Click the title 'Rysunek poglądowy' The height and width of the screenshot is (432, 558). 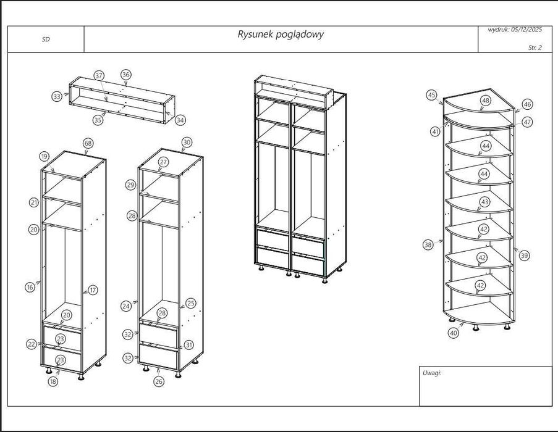tap(280, 35)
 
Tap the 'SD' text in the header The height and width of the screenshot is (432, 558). tap(46, 39)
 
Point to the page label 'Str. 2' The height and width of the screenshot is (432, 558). tap(535, 47)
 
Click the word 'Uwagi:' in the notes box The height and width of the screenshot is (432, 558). tap(432, 373)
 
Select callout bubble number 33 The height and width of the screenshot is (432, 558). tap(57, 96)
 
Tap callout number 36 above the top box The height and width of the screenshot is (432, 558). tap(126, 75)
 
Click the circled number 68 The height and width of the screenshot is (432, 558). tap(88, 143)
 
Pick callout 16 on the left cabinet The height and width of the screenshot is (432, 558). tap(30, 287)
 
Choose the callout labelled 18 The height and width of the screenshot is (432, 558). tap(53, 381)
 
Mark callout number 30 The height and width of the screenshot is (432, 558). tap(187, 142)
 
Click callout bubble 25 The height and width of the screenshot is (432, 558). tap(190, 303)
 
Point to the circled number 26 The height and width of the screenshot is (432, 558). tap(159, 381)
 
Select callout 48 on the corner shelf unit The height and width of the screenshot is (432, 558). tap(486, 101)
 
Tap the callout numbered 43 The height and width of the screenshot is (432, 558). tap(484, 202)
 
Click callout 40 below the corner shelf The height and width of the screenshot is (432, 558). tap(454, 333)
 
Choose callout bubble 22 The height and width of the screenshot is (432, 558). tap(32, 344)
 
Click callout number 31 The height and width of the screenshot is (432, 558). tap(189, 345)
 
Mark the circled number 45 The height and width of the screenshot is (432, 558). tap(431, 95)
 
